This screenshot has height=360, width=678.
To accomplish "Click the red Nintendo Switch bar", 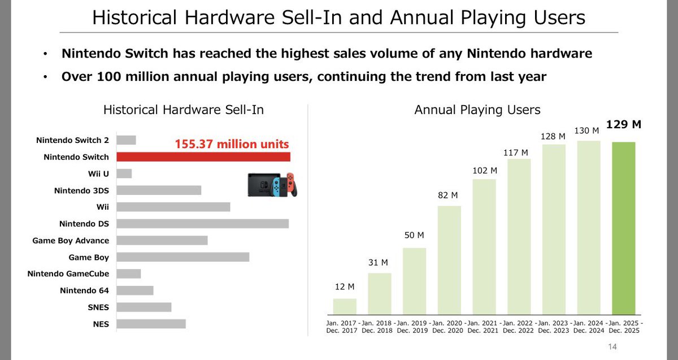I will pyautogui.click(x=203, y=157).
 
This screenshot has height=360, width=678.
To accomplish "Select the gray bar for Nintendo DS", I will pyautogui.click(x=202, y=224).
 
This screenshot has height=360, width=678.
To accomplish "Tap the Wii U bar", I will pyautogui.click(x=124, y=174).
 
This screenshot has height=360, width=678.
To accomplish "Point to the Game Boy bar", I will pyautogui.click(x=182, y=257).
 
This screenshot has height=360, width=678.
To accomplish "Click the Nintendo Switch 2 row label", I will pyautogui.click(x=72, y=140).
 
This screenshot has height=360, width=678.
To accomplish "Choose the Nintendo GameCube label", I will pyautogui.click(x=68, y=274).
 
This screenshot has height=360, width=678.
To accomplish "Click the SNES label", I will pyautogui.click(x=98, y=307).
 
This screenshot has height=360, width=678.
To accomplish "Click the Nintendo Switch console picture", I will pyautogui.click(x=272, y=184).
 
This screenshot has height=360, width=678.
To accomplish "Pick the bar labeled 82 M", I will pyautogui.click(x=449, y=259).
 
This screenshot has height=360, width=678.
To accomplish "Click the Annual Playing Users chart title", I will pyautogui.click(x=477, y=110).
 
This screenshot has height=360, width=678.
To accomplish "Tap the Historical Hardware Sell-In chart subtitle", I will pyautogui.click(x=184, y=110).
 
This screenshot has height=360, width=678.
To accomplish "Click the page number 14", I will pyautogui.click(x=611, y=346).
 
